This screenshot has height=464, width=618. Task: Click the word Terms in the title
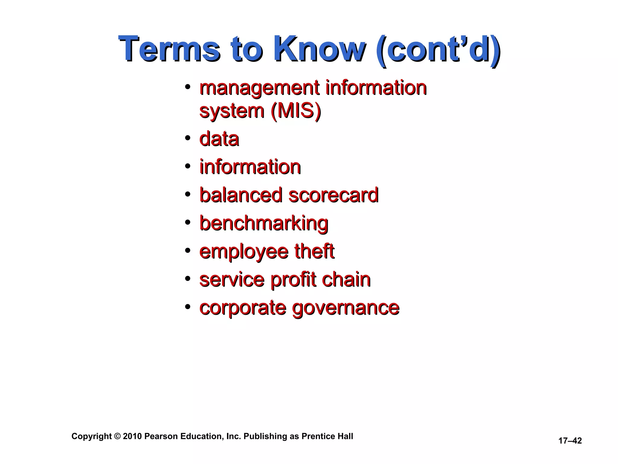coord(169,49)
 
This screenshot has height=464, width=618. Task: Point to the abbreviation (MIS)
coord(296,111)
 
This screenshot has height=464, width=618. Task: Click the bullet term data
coord(219,139)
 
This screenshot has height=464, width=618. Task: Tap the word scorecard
coord(333,195)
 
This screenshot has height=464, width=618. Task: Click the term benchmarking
coord(264,224)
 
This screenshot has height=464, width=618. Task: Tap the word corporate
coord(243,308)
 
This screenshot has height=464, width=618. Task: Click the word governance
coord(346,308)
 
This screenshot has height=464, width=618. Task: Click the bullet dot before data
coord(188,138)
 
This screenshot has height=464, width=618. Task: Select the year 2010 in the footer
coord(132,437)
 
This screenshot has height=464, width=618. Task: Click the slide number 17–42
coord(570,441)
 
